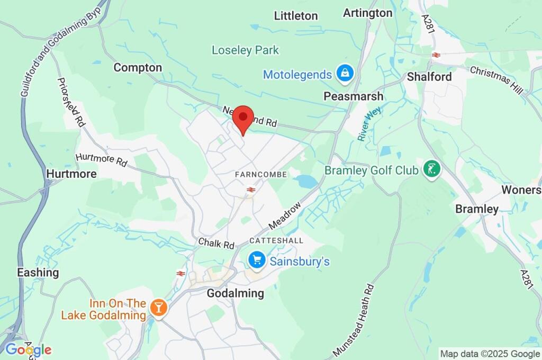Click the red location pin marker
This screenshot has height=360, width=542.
243,118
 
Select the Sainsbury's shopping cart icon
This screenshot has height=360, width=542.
257,260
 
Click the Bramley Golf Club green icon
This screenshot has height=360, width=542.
432,170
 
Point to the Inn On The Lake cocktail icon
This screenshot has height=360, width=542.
158,307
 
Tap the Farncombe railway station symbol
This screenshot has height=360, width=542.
251,188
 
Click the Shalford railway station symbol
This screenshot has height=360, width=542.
436,55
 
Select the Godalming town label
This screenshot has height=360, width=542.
235,293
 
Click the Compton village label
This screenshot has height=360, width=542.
138,68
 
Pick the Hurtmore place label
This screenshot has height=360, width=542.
71,174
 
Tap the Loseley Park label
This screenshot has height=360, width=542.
245,50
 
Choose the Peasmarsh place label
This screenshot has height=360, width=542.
354,96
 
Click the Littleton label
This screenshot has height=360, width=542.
296,16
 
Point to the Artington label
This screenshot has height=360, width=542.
368,13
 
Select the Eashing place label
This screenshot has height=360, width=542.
38,273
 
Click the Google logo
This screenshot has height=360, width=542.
29,349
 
